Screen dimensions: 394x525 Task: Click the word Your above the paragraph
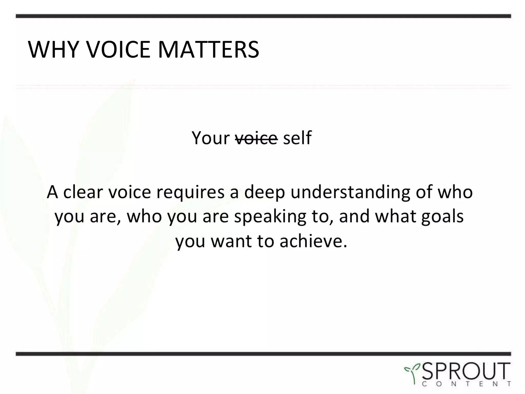coord(210,138)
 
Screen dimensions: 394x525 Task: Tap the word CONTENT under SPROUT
coord(466,384)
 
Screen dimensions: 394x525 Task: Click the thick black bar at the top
coord(263,16)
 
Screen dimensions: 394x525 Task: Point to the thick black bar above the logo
coord(263,354)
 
